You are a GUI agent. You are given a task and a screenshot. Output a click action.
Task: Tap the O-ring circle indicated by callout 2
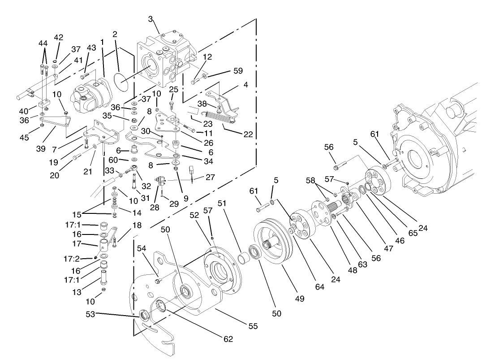(x=120, y=82)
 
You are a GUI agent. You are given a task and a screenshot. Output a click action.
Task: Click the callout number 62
(x=228, y=339)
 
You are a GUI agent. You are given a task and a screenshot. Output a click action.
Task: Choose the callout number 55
(x=253, y=326)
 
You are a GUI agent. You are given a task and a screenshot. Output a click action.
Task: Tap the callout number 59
(x=237, y=71)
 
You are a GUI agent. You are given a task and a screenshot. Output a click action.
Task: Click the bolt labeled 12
(x=196, y=82)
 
